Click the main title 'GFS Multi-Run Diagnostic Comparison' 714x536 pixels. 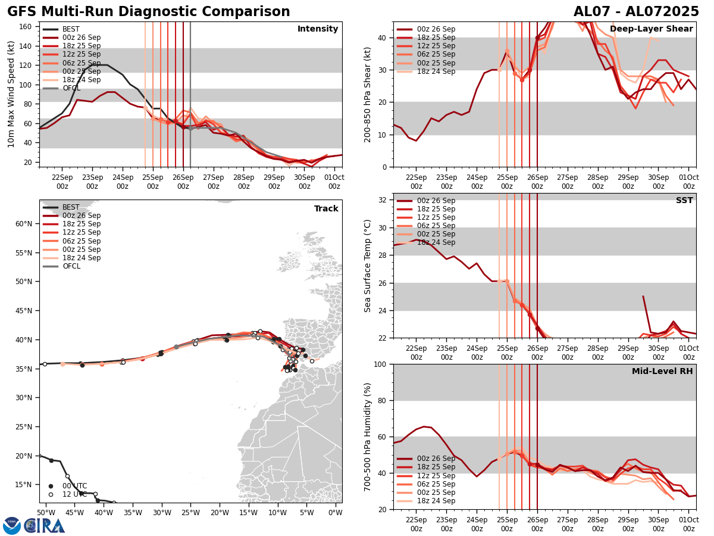pyautogui.click(x=149, y=12)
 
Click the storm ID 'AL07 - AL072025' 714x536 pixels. pyautogui.click(x=636, y=12)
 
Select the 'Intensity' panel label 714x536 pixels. pyautogui.click(x=318, y=29)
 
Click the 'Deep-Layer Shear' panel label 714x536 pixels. pyautogui.click(x=651, y=29)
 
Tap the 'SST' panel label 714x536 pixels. pyautogui.click(x=684, y=201)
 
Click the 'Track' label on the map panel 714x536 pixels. pyautogui.click(x=326, y=209)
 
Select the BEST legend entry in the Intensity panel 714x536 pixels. pyautogui.click(x=71, y=29)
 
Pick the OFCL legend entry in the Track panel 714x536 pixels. pyautogui.click(x=71, y=266)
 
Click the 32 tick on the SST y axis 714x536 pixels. pyautogui.click(x=384, y=200)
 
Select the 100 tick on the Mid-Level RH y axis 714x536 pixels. pyautogui.click(x=381, y=364)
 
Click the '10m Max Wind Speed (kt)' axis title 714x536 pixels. pyautogui.click(x=11, y=94)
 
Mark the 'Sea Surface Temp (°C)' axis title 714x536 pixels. pyautogui.click(x=368, y=266)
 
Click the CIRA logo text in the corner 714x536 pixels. pyautogui.click(x=45, y=526)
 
